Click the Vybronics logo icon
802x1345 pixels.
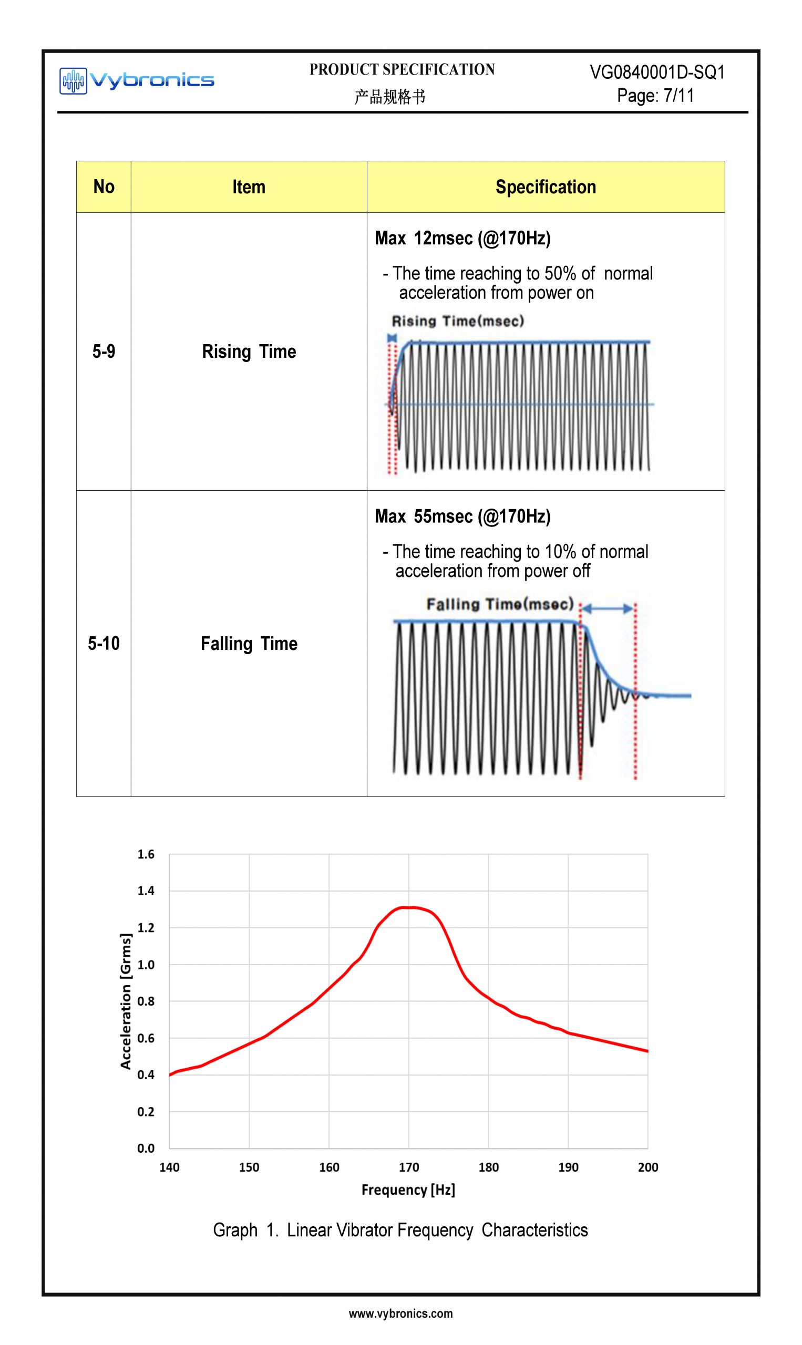click(73, 81)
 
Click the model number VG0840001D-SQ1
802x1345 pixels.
click(656, 73)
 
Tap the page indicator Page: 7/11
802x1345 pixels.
click(655, 96)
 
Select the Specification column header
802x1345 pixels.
click(546, 187)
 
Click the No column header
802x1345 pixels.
click(104, 187)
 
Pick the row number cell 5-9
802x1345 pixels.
click(104, 351)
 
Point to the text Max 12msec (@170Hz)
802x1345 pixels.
click(462, 237)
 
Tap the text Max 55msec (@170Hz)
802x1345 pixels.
click(462, 516)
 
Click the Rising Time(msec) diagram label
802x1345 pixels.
click(457, 321)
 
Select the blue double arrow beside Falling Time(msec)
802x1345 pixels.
click(608, 609)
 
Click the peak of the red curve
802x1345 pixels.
click(409, 907)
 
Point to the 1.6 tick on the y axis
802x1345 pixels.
click(146, 854)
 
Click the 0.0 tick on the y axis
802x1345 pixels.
click(146, 1148)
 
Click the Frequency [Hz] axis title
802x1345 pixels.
click(408, 1189)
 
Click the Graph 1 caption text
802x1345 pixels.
click(400, 1230)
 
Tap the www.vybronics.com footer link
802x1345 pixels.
click(400, 1313)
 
